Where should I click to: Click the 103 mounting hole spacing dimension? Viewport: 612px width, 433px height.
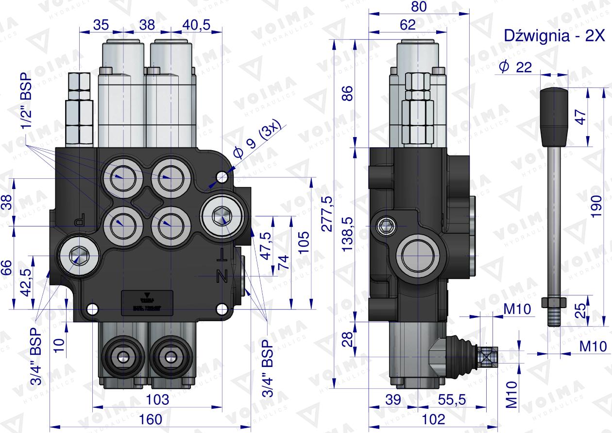[x=157, y=399]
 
